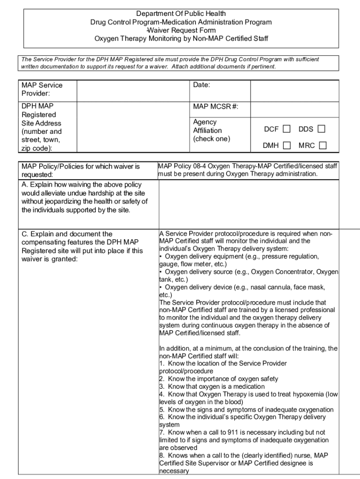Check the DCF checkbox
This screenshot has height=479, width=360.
286,129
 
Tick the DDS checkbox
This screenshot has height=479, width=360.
321,129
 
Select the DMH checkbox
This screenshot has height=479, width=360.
287,145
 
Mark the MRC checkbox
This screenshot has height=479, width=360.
322,145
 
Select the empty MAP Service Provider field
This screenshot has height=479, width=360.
132,91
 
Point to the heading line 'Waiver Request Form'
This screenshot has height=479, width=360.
181,30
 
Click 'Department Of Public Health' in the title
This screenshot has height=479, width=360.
181,14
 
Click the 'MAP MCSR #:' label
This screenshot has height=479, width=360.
216,107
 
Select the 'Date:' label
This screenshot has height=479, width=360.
202,86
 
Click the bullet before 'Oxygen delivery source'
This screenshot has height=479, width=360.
161,272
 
